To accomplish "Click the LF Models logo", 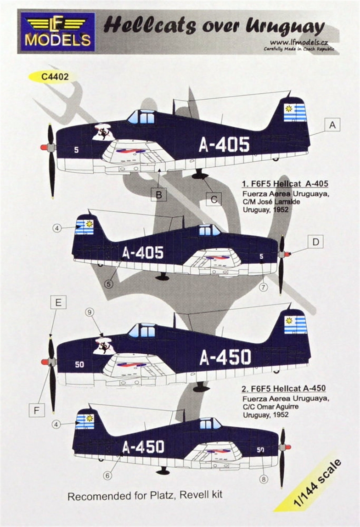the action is tap(57, 32).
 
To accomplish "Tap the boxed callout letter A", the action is tap(332, 125).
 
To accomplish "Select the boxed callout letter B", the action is tap(159, 194).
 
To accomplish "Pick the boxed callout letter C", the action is tap(214, 199).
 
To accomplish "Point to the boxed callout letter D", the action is tap(315, 242).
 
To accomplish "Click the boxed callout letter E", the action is tap(58, 302).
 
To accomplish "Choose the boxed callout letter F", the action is tap(37, 410).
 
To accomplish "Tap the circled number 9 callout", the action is tap(89, 313).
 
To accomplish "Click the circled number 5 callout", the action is tap(108, 284).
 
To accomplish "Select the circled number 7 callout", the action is tap(264, 287).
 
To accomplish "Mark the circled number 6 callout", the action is tap(107, 476).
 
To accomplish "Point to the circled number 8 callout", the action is tap(264, 479).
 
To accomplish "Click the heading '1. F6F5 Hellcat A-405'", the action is tap(285, 183).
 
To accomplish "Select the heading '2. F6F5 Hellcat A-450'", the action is tap(284, 388).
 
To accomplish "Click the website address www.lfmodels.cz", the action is tap(299, 43).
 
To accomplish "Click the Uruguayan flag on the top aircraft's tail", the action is tap(295, 112).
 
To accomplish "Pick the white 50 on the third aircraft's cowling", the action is tap(79, 364).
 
